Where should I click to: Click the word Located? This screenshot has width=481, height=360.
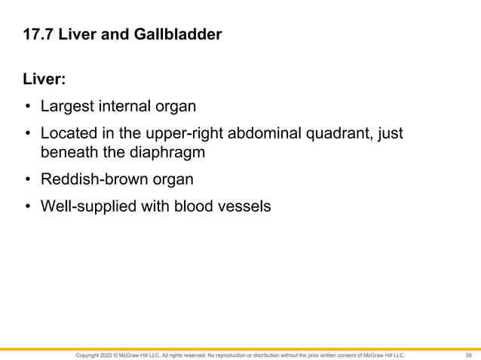point(69,134)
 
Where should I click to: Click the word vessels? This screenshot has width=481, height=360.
point(244,207)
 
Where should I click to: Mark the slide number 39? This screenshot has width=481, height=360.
point(468,355)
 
